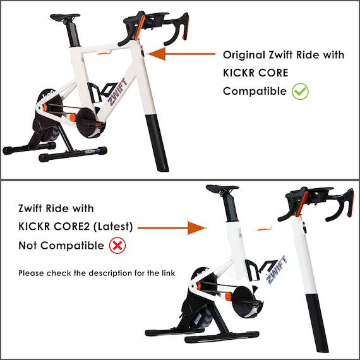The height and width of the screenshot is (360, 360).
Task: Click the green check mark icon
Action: coord(300,91)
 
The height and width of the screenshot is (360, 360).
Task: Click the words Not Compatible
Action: coord(59,244)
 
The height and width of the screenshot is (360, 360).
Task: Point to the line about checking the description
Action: coord(96,273)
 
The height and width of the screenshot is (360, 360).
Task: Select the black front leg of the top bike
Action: coord(158,142)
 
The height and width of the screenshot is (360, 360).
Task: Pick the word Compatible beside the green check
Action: coord(255,91)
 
